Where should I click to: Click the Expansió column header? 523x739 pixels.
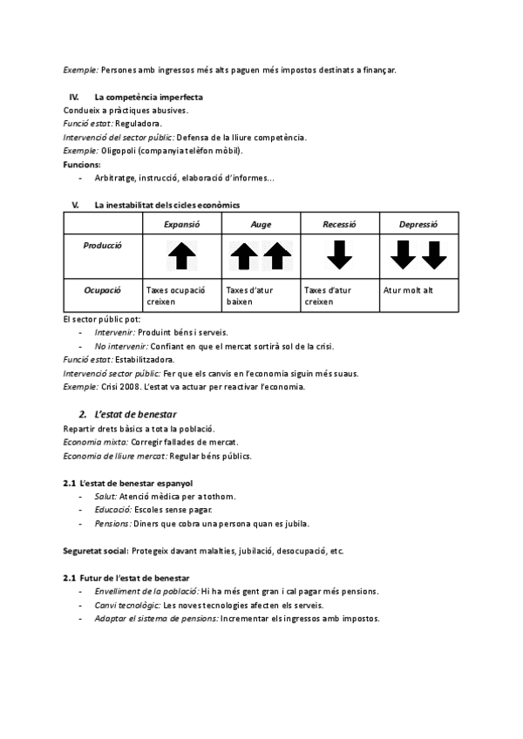point(182,224)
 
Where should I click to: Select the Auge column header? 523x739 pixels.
point(261,224)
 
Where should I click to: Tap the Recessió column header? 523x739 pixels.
point(339,224)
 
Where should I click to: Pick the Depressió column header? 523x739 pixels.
point(418,224)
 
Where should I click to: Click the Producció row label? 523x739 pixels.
point(103,245)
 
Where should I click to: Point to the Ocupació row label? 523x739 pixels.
point(103,289)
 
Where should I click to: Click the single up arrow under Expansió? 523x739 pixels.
point(182,256)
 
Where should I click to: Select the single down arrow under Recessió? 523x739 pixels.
point(339,254)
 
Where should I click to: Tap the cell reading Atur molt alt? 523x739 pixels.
point(408,289)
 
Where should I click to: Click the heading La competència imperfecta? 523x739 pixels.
point(149,97)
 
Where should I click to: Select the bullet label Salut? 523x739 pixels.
point(106,496)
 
